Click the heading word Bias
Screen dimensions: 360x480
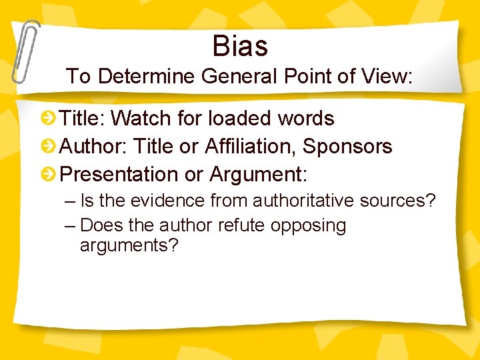click(x=240, y=46)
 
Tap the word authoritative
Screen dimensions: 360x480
click(x=297, y=201)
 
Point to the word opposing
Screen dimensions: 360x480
click(x=309, y=226)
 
